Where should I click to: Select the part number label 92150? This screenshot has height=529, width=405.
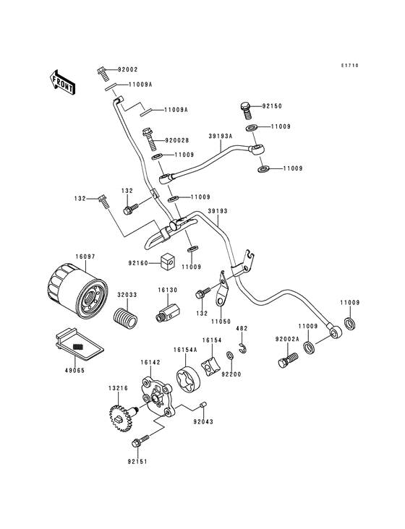(x=272, y=106)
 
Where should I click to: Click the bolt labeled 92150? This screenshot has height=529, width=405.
(x=245, y=111)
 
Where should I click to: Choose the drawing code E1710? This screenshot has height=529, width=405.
(x=350, y=66)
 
